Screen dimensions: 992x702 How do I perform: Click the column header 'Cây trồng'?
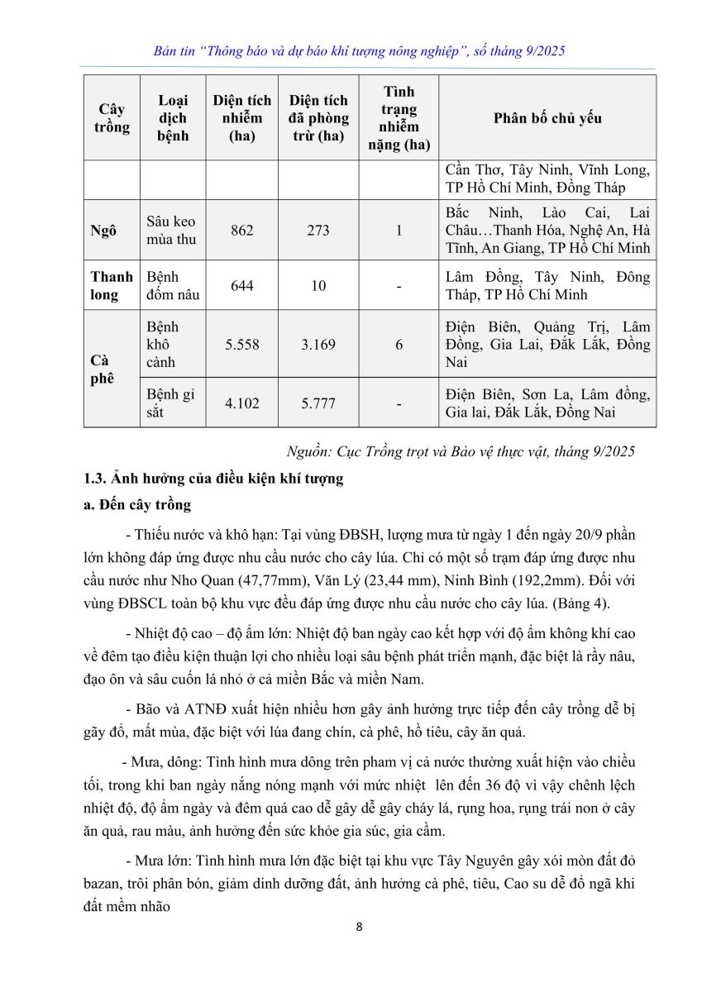112,118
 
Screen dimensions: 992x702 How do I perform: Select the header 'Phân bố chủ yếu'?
547,118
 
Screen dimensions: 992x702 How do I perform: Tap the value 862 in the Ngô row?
242,231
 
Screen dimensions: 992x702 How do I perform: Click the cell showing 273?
318,231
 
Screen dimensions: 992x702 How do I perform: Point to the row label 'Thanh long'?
112,286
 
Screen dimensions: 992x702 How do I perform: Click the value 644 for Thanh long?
242,286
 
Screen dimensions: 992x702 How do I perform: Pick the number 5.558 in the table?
242,345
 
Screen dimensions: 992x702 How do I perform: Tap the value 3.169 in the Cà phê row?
318,345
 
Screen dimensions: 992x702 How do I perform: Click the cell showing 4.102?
242,403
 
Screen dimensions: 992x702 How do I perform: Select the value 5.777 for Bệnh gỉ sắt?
318,403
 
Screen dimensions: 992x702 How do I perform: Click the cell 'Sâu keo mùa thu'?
172,231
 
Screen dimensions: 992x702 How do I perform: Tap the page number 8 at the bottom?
359,926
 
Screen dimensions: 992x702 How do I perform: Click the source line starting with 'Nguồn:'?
460,451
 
